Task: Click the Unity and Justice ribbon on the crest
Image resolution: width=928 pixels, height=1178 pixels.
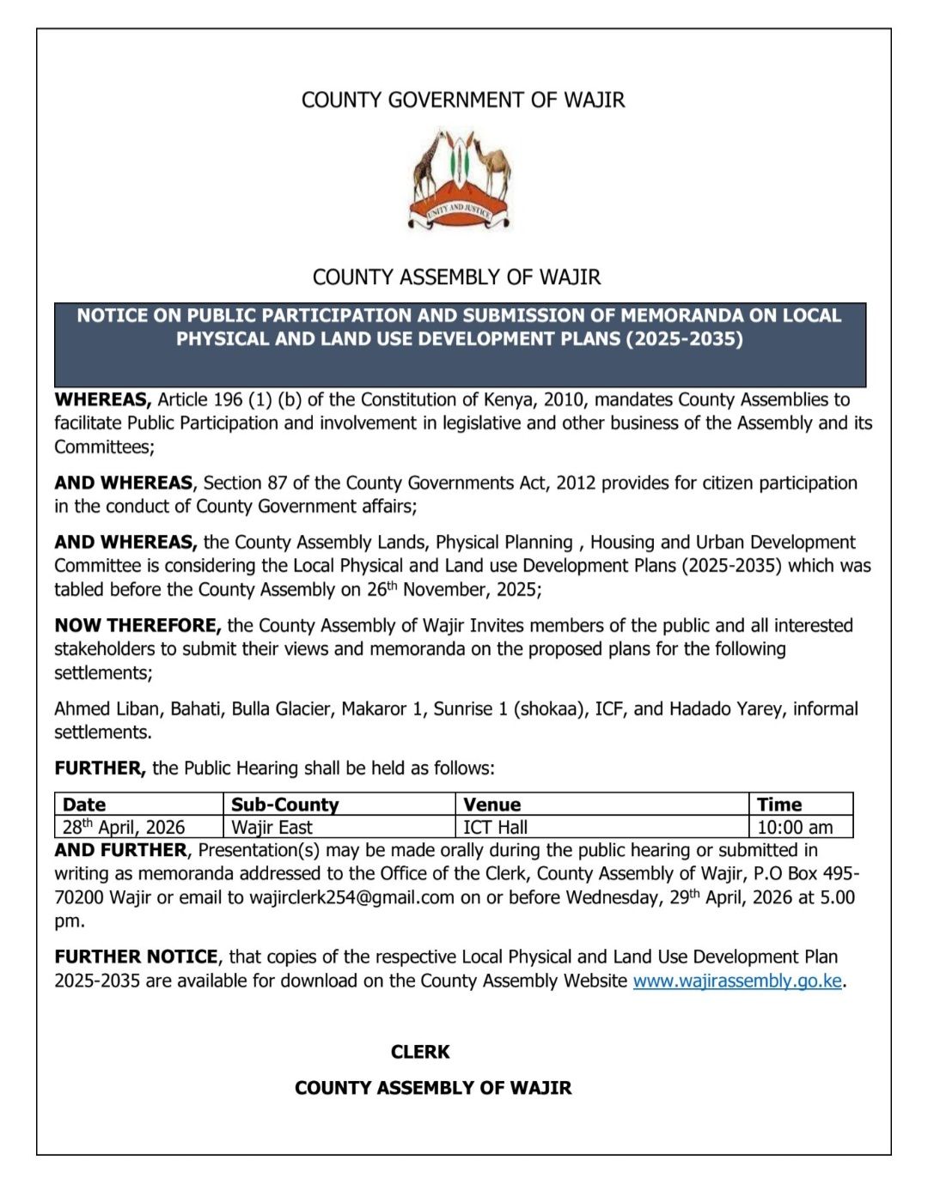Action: tap(460, 209)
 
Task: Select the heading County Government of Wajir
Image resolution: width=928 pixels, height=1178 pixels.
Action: tap(463, 100)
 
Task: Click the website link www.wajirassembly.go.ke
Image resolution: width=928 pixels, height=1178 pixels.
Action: tap(737, 981)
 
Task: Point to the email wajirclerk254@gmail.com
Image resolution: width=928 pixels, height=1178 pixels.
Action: tap(351, 897)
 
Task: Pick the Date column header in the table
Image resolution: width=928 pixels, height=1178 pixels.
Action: tap(84, 805)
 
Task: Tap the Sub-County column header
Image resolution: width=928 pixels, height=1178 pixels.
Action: tap(285, 805)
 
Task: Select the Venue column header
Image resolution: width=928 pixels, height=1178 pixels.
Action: tap(492, 805)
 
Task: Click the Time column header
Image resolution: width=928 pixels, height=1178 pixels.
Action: tap(779, 805)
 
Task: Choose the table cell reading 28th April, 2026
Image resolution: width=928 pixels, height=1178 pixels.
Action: tap(124, 827)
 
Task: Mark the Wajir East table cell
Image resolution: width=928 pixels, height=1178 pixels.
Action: tap(272, 827)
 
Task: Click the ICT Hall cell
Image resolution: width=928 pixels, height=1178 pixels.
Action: tap(496, 827)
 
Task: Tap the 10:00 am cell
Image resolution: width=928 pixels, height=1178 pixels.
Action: tap(795, 827)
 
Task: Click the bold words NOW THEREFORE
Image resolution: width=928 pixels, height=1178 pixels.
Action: tap(137, 625)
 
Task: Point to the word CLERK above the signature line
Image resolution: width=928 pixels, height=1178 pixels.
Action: tap(420, 1052)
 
